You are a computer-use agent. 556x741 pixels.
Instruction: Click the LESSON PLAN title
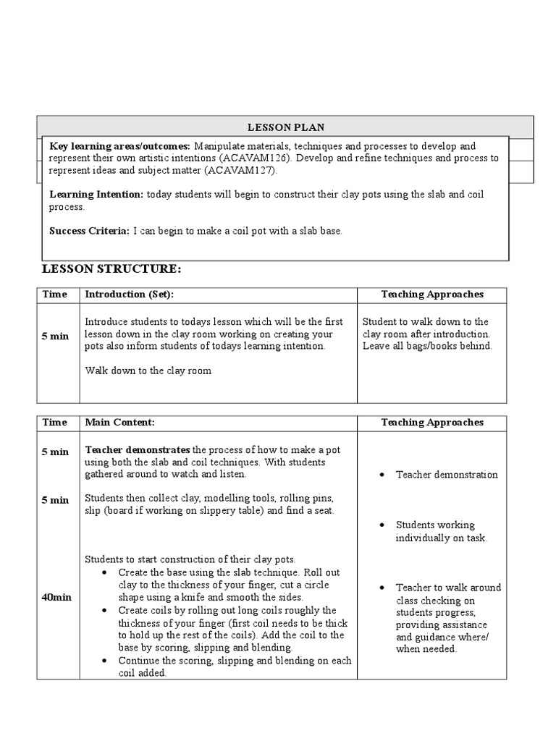(x=285, y=127)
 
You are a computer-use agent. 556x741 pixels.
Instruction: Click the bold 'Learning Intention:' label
(x=96, y=195)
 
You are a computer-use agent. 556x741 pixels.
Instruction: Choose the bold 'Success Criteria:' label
(x=89, y=231)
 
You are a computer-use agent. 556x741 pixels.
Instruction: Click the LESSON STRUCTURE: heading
(x=111, y=269)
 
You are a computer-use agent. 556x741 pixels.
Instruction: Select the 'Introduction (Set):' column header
(x=130, y=295)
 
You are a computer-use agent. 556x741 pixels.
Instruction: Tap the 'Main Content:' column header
(x=120, y=422)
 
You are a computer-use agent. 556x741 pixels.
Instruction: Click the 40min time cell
(x=56, y=596)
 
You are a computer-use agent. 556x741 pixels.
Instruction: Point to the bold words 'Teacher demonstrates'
(x=138, y=449)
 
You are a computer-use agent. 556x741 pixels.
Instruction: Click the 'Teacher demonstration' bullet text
(x=447, y=475)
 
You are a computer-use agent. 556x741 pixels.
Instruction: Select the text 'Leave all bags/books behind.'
(x=427, y=346)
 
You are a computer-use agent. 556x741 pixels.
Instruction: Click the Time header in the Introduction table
(x=55, y=295)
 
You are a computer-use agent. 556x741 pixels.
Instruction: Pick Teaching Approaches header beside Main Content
(x=432, y=422)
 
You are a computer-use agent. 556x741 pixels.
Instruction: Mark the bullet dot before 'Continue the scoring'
(x=106, y=661)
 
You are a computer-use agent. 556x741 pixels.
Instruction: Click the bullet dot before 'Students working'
(x=381, y=525)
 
